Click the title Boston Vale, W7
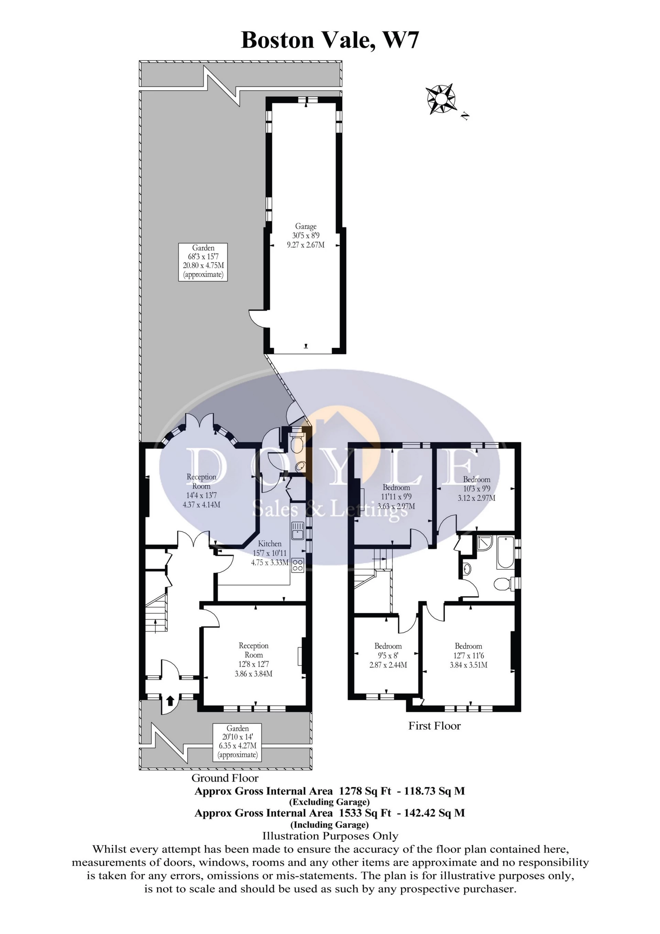(330, 41)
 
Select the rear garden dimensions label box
(203, 261)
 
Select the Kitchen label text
(270, 544)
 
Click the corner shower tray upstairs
(484, 545)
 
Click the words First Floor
(434, 726)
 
